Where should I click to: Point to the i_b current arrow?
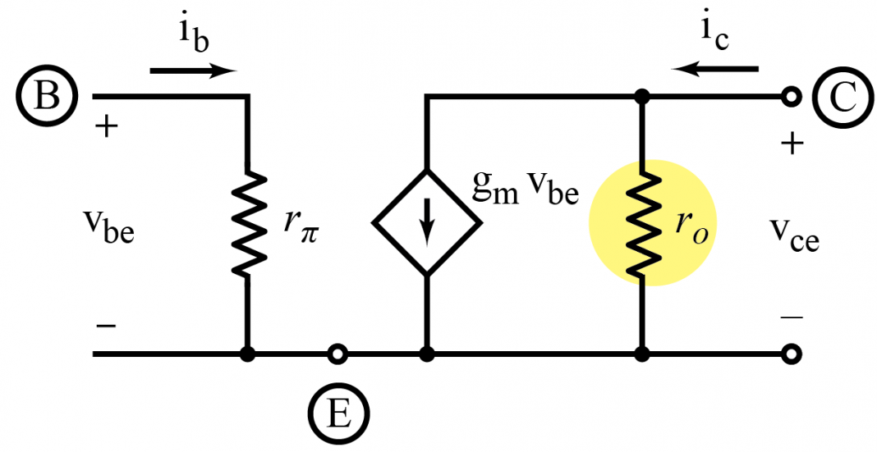point(193,71)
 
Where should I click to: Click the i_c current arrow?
point(714,71)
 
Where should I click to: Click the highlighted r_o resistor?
point(643,222)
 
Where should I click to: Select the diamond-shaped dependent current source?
point(426,222)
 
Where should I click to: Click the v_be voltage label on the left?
point(108,231)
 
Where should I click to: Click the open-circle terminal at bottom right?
point(791,355)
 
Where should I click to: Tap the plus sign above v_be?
point(106,128)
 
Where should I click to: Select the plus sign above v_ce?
point(792,144)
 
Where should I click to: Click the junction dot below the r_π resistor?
point(246,355)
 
